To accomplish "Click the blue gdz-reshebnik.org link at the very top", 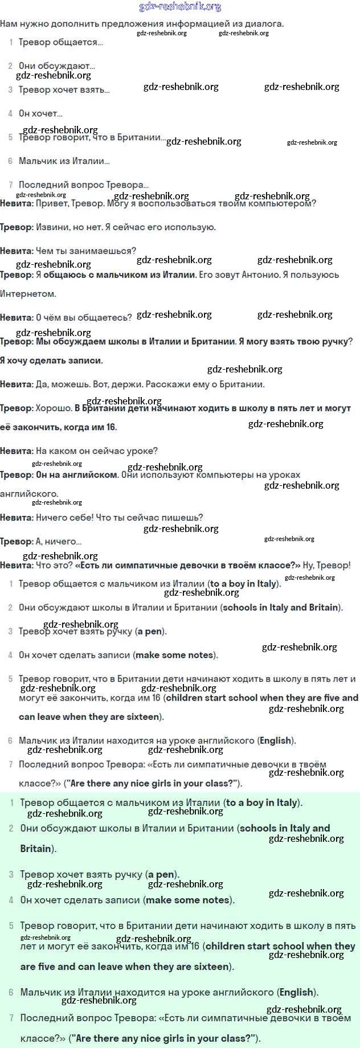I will click(180, 7).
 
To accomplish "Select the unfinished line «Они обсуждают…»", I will click(57, 66).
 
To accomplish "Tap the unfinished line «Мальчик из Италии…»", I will click(64, 161).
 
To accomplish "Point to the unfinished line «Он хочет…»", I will click(40, 113).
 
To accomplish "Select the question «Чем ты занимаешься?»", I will click(86, 251).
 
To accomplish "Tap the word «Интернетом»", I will click(28, 294).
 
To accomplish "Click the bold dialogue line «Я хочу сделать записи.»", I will click(51, 361).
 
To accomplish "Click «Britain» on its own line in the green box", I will click(35, 849).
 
